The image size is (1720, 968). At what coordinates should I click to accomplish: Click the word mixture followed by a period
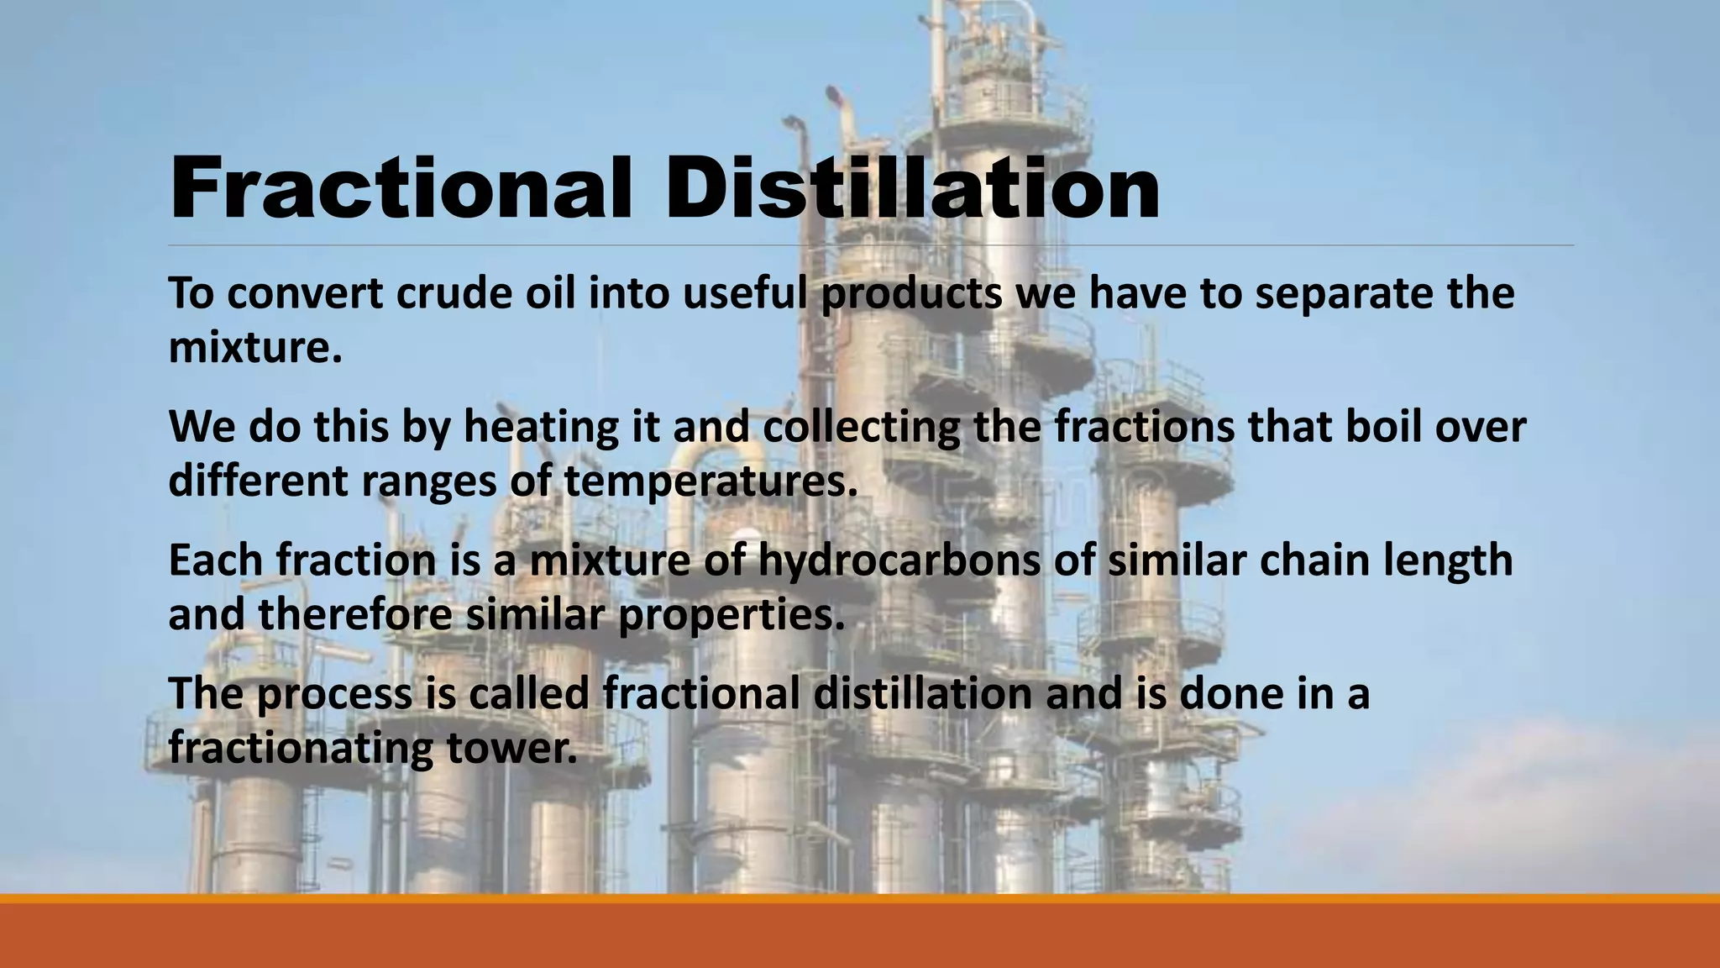(x=255, y=347)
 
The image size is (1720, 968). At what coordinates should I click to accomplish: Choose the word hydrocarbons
(x=899, y=561)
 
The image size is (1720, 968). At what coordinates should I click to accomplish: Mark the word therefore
(x=355, y=614)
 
